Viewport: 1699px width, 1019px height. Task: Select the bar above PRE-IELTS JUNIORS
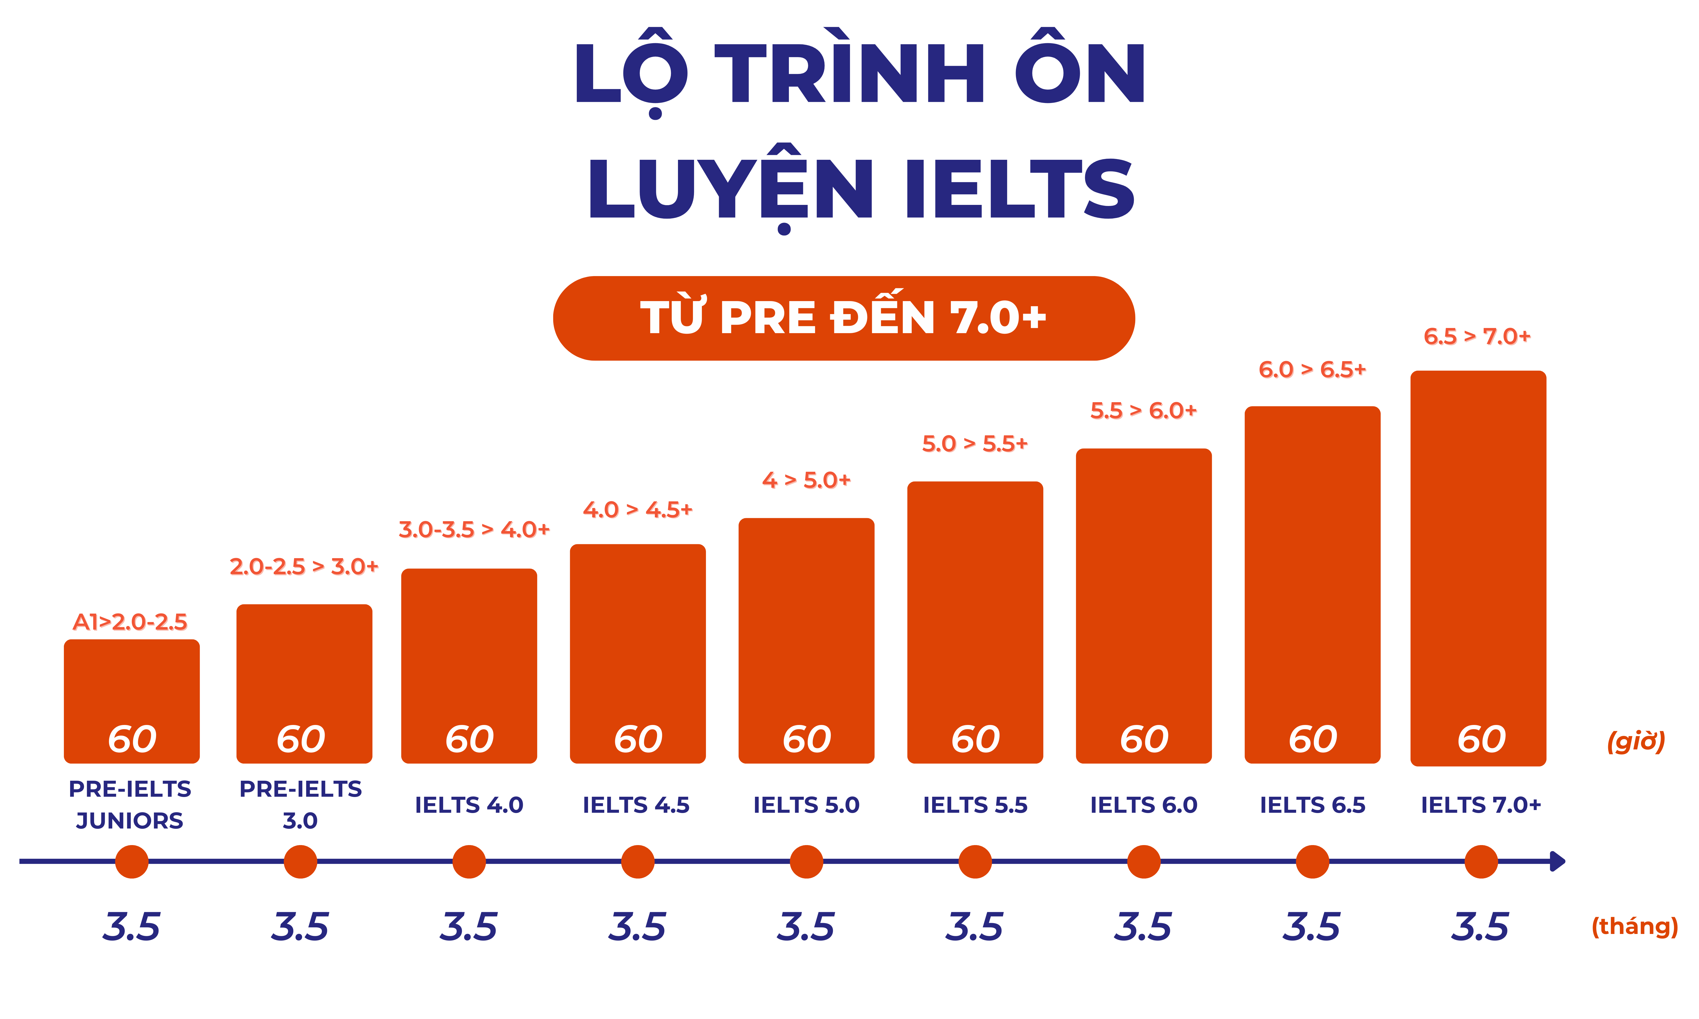pyautogui.click(x=132, y=687)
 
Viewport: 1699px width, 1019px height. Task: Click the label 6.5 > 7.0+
pyautogui.click(x=1477, y=337)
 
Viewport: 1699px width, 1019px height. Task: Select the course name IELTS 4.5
pyautogui.click(x=636, y=805)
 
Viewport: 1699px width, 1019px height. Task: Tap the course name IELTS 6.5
pyautogui.click(x=1312, y=805)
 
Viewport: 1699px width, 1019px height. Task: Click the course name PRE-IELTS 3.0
pyautogui.click(x=300, y=805)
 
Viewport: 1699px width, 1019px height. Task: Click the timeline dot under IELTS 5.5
pyautogui.click(x=975, y=862)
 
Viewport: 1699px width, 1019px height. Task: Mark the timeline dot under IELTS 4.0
pyautogui.click(x=469, y=862)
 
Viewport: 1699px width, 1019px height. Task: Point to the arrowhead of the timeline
pyautogui.click(x=1558, y=861)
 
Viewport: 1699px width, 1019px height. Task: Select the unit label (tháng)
pyautogui.click(x=1635, y=926)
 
